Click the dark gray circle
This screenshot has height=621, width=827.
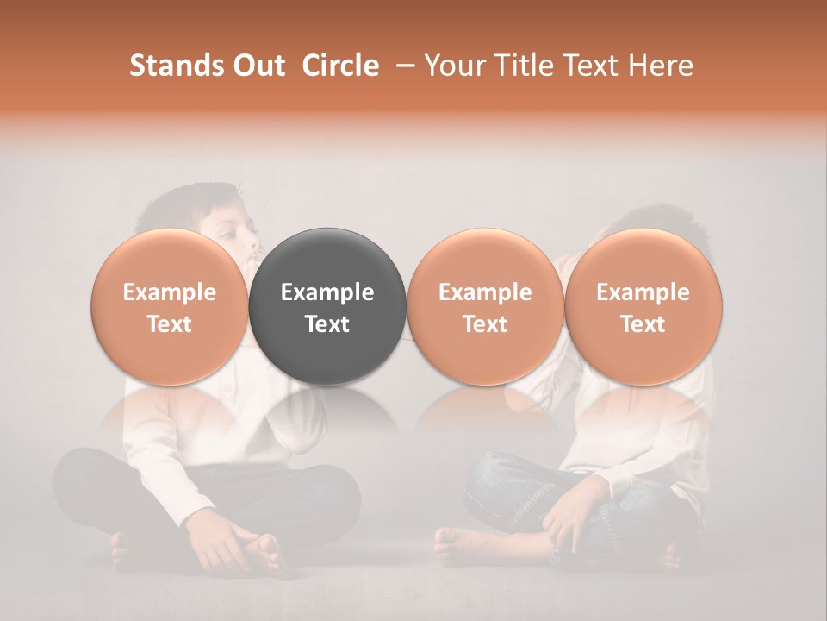coord(327,306)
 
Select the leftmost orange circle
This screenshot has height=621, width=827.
coord(170,306)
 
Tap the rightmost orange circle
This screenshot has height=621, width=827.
coord(644,306)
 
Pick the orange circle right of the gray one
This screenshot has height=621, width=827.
coord(485,306)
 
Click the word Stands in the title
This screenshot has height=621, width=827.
coord(177,66)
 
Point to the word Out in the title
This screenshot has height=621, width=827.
coord(258,66)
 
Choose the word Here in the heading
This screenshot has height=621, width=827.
coord(661,66)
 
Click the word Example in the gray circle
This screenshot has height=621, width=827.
coord(327,292)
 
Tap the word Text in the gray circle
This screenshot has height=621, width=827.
coord(327,324)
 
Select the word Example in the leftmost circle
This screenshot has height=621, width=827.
coord(170,292)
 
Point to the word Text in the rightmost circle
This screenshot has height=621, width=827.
coord(644,324)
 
